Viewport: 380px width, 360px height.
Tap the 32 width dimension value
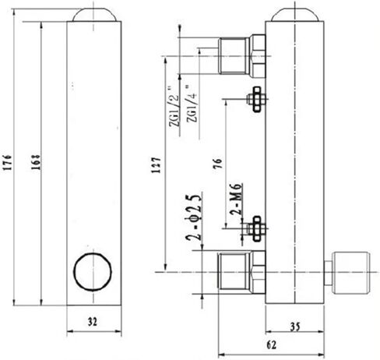point(93,320)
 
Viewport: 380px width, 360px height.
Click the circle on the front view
point(91,272)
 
